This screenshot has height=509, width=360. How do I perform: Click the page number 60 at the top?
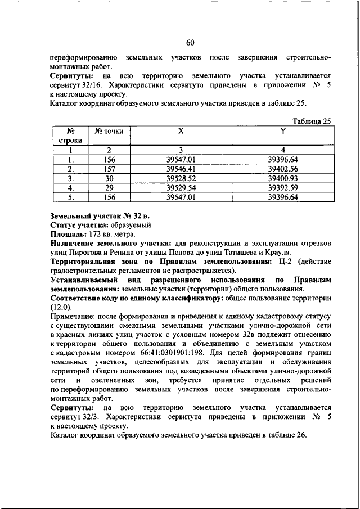coord(190,43)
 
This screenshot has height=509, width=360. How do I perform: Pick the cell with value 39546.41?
coord(181,168)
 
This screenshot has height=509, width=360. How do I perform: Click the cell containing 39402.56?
coord(283,168)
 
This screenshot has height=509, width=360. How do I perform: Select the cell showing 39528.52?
coord(181,178)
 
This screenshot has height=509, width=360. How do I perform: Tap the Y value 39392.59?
coord(283,187)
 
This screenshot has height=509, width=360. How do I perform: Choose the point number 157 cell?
coord(109,168)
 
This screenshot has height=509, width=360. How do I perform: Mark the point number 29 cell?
coord(109,187)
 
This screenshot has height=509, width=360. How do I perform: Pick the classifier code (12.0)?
coord(61,307)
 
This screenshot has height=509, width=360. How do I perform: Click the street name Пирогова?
coord(86,252)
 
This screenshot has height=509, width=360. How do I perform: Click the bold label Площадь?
coord(65,233)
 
